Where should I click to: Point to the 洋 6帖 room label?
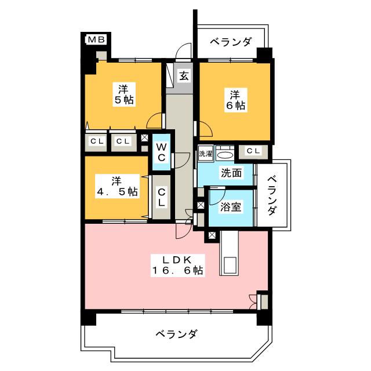(x=236, y=100)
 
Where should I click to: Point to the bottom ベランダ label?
(x=177, y=334)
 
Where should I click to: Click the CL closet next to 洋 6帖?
(x=254, y=151)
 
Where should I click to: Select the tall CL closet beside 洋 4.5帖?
(x=162, y=197)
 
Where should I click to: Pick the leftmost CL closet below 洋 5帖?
(x=96, y=141)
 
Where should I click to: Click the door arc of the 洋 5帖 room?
(x=155, y=120)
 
